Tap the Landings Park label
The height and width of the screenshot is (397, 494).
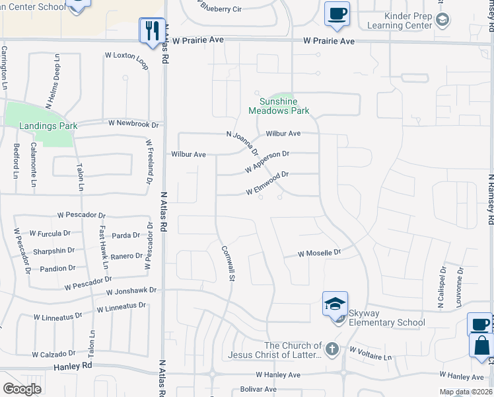click(48, 126)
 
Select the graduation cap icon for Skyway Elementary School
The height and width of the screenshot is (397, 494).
click(335, 304)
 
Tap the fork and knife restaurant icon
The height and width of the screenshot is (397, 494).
click(151, 30)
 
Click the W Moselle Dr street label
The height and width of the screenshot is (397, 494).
click(319, 253)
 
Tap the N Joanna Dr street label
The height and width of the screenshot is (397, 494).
click(242, 144)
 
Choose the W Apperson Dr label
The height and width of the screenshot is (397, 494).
click(267, 161)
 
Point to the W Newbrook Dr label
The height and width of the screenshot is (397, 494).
click(134, 124)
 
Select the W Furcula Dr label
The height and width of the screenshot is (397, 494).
click(50, 234)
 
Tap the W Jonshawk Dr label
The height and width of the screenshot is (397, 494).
click(131, 290)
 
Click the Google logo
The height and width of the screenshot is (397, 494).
click(22, 388)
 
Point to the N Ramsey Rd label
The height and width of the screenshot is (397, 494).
click(491, 200)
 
